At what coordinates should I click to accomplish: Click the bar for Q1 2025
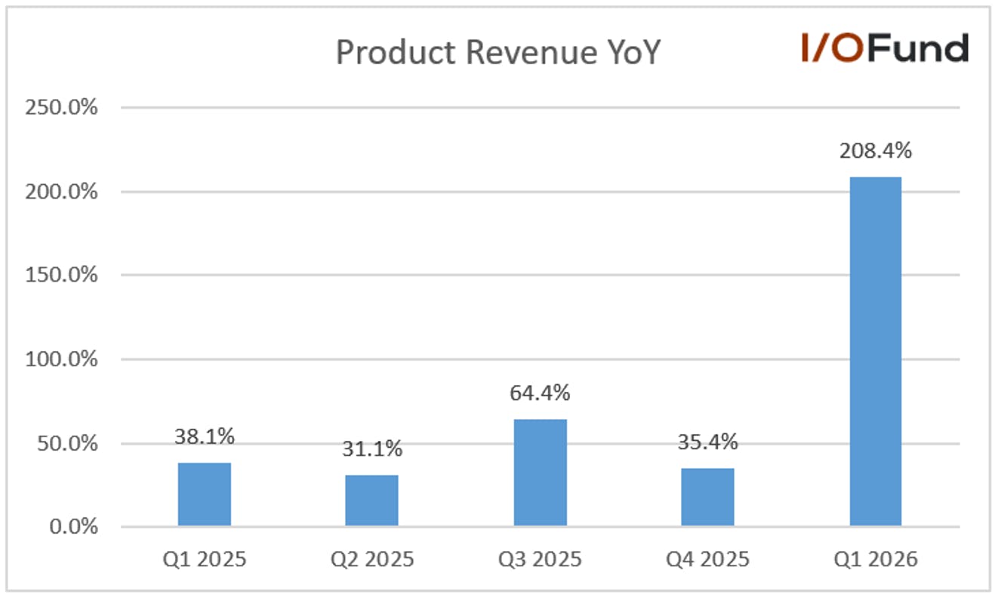205,495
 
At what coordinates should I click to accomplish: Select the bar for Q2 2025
372,501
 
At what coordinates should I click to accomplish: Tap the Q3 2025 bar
541,473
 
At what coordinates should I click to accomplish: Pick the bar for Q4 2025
708,498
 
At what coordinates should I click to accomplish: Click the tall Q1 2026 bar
876,352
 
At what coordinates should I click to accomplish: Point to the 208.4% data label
876,151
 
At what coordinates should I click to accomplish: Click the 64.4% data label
540,393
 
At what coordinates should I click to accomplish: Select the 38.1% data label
205,436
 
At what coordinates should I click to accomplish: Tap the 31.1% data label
372,448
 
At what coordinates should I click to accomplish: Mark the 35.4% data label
708,442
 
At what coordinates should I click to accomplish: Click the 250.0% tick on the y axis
61,107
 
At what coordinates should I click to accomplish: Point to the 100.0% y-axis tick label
61,359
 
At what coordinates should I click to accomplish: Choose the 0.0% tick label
74,526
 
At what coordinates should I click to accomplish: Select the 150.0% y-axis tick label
61,275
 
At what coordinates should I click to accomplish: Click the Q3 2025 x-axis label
540,559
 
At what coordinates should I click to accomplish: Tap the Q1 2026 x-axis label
876,559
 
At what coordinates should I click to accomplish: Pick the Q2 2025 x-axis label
372,559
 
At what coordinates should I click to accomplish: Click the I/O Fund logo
886,48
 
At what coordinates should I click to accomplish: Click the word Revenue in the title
531,53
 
